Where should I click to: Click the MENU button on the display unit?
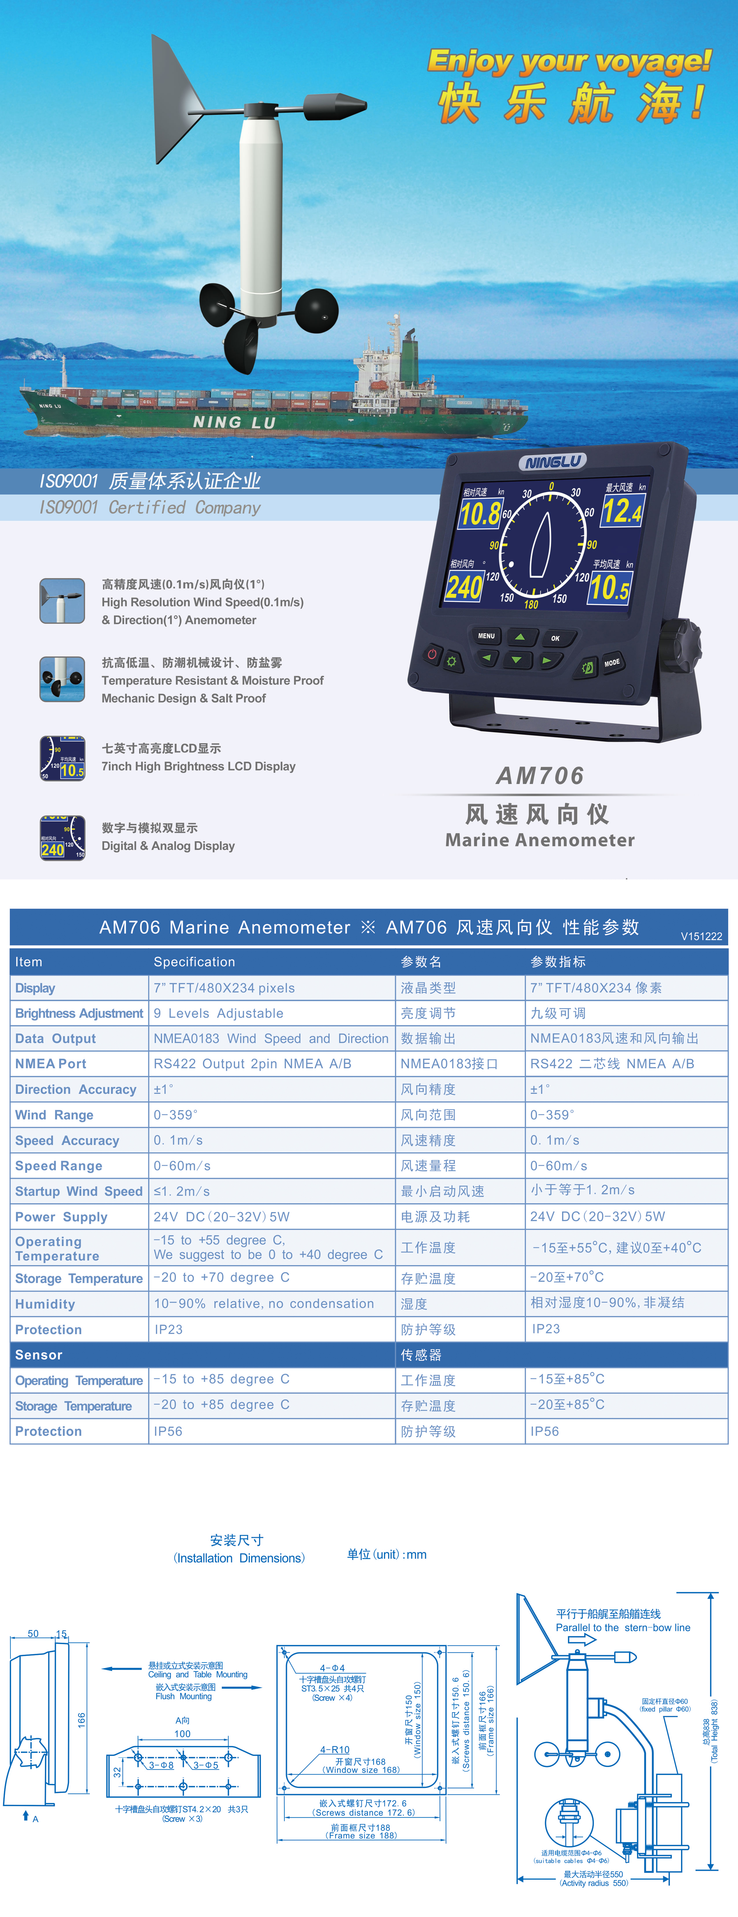[x=486, y=636]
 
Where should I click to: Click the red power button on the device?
[x=432, y=654]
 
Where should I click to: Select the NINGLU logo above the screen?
[x=553, y=462]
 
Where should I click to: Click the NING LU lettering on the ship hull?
[x=234, y=422]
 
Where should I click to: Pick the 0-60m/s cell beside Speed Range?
[x=182, y=1165]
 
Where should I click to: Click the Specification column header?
[x=194, y=962]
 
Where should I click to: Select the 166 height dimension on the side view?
[x=81, y=1720]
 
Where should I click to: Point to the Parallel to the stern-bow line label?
[x=623, y=1628]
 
